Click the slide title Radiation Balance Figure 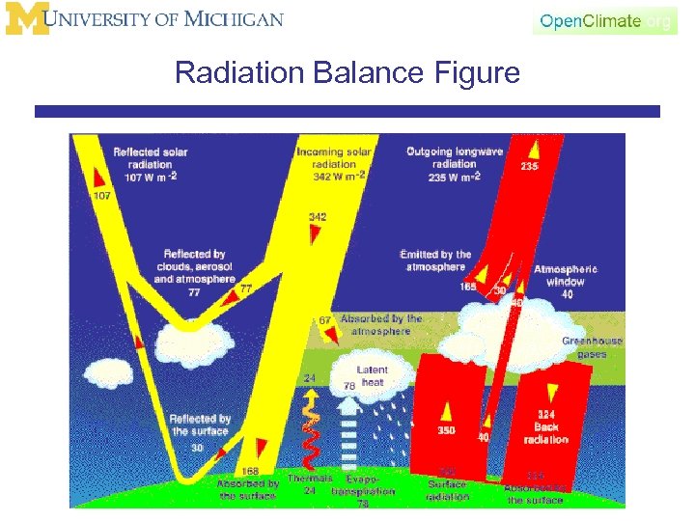[347, 73]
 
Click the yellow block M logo [26, 19]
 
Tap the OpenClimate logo [604, 20]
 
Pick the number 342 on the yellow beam [317, 217]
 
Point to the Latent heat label [372, 376]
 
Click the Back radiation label [545, 433]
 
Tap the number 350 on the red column [446, 430]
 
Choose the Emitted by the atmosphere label [435, 260]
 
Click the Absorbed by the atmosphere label [380, 324]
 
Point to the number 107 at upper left [102, 196]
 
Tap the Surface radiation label [446, 489]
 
